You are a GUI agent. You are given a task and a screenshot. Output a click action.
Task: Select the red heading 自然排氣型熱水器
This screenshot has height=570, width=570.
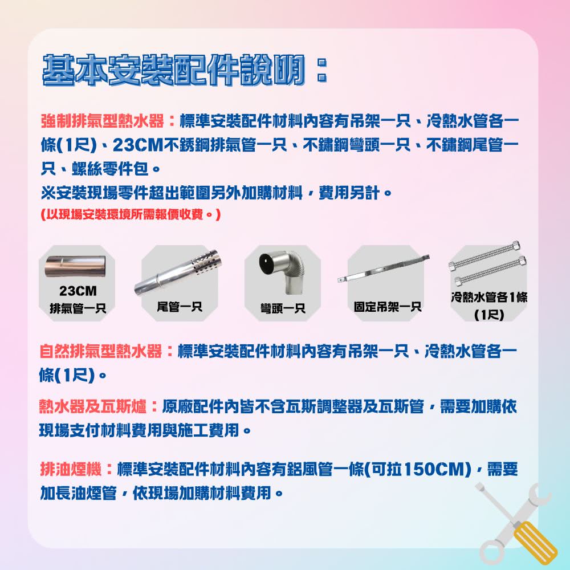101,351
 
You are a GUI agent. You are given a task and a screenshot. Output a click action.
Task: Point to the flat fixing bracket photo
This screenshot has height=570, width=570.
385,271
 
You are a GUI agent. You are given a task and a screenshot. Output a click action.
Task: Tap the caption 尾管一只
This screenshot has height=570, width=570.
180,307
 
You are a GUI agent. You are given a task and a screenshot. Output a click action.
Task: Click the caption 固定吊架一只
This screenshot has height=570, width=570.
387,307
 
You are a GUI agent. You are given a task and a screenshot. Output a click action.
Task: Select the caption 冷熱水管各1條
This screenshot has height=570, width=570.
488,298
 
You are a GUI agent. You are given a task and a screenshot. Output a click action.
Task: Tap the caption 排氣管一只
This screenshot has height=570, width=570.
78,309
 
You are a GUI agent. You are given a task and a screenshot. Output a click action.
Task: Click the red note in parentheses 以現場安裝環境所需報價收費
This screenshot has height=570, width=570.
131,216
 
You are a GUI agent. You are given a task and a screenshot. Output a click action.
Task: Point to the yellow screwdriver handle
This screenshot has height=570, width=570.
536,542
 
